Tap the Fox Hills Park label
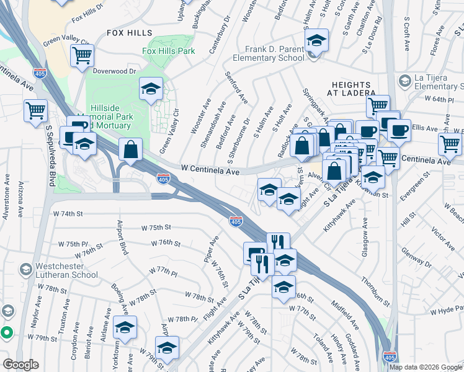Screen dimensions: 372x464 168,51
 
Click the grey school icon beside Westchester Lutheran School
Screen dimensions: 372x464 25,270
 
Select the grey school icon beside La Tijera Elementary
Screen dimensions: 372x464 404,81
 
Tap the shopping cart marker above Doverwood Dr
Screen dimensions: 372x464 82,56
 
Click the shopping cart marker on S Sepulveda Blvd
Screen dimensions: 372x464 35,111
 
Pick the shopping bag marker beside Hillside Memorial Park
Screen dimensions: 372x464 131,149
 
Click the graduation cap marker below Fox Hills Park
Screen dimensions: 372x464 151,90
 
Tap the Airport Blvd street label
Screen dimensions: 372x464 122,236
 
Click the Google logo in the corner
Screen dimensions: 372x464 20,365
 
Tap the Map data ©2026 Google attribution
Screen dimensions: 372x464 426,367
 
